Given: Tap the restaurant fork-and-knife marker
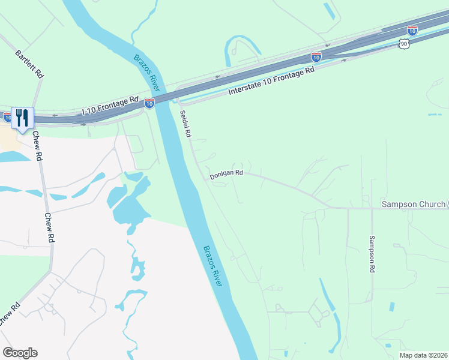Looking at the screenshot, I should pyautogui.click(x=23, y=118).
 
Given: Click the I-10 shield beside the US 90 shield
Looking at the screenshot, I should pyautogui.click(x=412, y=30).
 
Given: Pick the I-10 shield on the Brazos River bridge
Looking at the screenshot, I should pyautogui.click(x=149, y=103).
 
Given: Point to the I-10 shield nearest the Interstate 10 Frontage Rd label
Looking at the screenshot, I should pyautogui.click(x=316, y=56).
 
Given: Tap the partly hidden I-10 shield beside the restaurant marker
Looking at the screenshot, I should pyautogui.click(x=6, y=116).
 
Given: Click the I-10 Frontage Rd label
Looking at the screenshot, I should pyautogui.click(x=110, y=106).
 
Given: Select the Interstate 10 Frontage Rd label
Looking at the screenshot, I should pyautogui.click(x=272, y=82).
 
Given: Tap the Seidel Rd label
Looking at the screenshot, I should pyautogui.click(x=185, y=125).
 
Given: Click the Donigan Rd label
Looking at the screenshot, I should pyautogui.click(x=226, y=175).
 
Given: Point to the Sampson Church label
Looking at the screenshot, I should pyautogui.click(x=414, y=205).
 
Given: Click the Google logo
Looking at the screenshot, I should pyautogui.click(x=20, y=353).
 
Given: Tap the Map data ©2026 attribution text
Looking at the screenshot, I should pyautogui.click(x=423, y=355).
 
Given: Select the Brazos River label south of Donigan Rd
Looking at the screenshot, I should pyautogui.click(x=212, y=265).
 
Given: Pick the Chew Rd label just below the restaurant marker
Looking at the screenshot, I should pyautogui.click(x=38, y=147).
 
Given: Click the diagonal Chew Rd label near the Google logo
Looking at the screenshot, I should pyautogui.click(x=10, y=314).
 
